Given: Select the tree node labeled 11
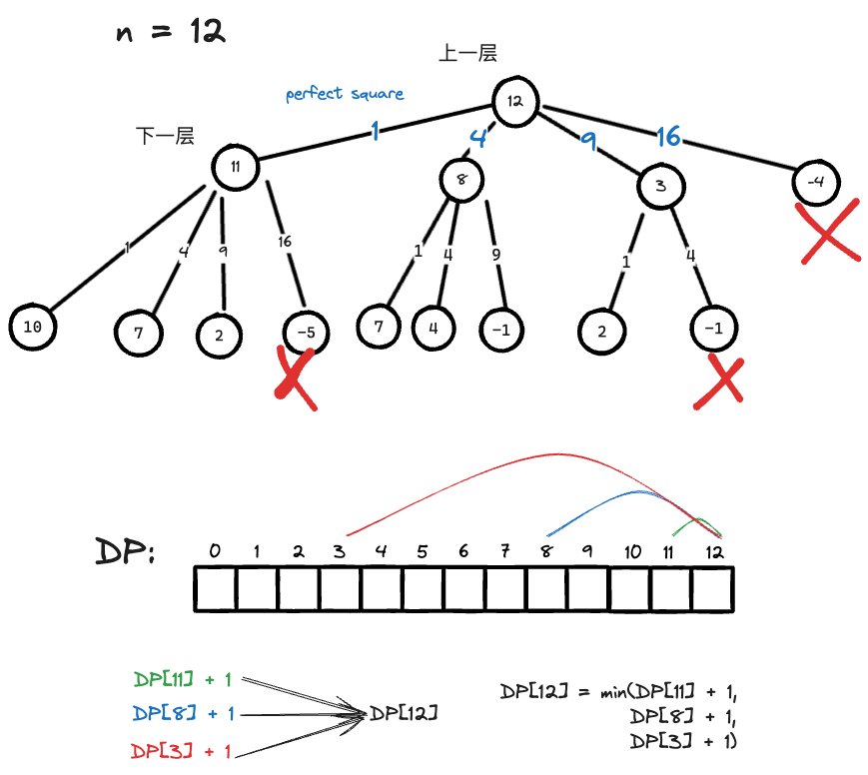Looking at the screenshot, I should (x=236, y=167).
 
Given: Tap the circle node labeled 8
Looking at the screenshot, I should (x=461, y=181).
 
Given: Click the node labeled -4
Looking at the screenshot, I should (x=816, y=182).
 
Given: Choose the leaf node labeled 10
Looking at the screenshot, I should (x=31, y=328).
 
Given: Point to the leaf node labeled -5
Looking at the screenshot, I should (x=307, y=332).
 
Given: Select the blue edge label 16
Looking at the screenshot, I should (x=667, y=137).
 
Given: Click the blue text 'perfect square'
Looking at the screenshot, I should (x=345, y=94).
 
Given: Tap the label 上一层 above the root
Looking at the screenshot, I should (x=467, y=54).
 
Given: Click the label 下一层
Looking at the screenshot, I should (x=165, y=137).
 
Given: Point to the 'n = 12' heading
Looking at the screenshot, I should (x=171, y=32).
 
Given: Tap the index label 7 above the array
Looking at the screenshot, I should (x=505, y=551).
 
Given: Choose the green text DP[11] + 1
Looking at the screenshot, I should (x=183, y=680).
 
